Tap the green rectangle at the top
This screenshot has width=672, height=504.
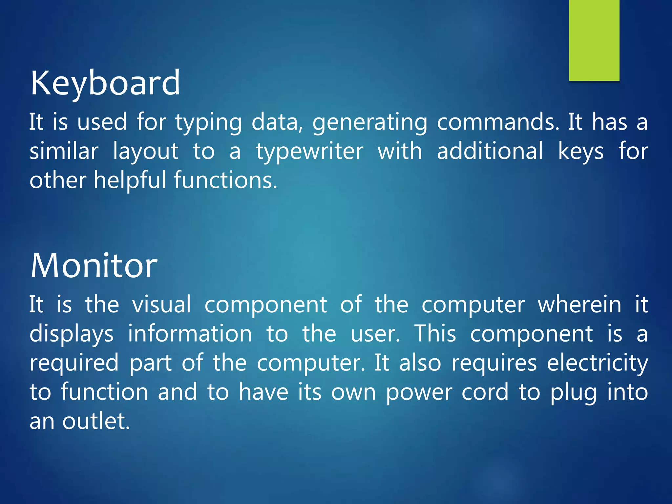pyautogui.click(x=594, y=39)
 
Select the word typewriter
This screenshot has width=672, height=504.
pyautogui.click(x=309, y=152)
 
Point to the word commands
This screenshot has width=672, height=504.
pyautogui.click(x=498, y=122)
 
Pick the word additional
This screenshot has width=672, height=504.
pyautogui.click(x=490, y=151)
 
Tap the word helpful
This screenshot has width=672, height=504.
pyautogui.click(x=130, y=180)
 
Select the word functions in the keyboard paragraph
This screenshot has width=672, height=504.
pyautogui.click(x=225, y=180)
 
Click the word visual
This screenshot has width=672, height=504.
pyautogui.click(x=161, y=304)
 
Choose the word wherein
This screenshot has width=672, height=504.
pyautogui.click(x=579, y=304)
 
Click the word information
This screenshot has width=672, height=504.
pyautogui.click(x=190, y=334)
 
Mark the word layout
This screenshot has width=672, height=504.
pyautogui.click(x=146, y=152)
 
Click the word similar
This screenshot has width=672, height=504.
pyautogui.click(x=64, y=151)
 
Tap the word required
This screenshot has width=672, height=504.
pyautogui.click(x=74, y=363)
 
